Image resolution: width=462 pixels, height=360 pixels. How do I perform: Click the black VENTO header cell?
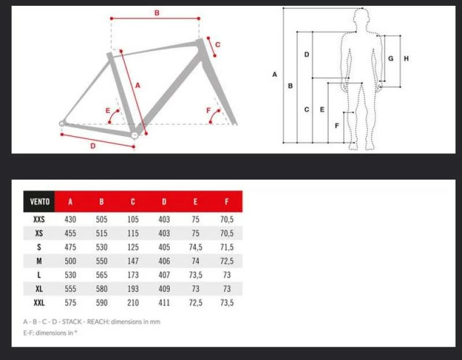point(39,202)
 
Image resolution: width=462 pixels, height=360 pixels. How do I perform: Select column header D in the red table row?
point(164,202)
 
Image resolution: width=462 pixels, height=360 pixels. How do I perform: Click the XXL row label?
point(39,302)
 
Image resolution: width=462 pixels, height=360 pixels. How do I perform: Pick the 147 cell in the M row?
point(133,261)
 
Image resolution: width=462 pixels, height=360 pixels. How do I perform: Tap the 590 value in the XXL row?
point(102,302)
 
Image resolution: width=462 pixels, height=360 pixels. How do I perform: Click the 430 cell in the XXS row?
point(70,219)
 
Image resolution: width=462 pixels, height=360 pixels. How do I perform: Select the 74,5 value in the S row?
point(195,247)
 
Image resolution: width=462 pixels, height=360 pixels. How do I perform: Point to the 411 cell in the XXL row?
point(164,302)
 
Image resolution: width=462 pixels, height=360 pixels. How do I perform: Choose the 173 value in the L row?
point(133,275)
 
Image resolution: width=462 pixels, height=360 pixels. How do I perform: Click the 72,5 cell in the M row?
point(226,261)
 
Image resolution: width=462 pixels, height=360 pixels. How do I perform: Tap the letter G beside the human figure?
point(391,58)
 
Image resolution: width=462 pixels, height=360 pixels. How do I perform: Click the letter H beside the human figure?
point(407,58)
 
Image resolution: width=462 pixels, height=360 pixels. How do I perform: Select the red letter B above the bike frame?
point(157,13)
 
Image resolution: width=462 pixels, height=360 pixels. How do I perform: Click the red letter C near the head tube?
point(218,44)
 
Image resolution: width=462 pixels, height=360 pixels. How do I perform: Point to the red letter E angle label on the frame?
point(107,110)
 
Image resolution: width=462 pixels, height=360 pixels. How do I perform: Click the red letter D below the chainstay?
point(92,146)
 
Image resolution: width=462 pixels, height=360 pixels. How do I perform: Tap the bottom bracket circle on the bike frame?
point(134,135)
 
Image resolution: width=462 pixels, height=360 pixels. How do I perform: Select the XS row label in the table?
point(39,233)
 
